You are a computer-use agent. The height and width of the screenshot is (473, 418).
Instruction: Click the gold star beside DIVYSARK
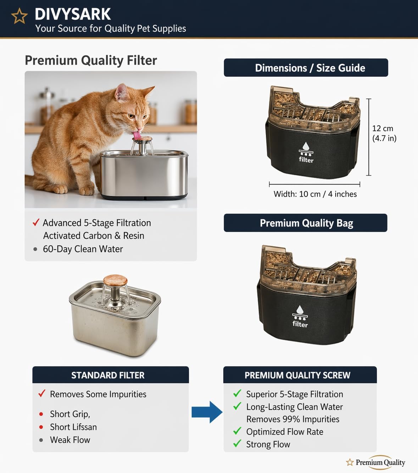pyautogui.click(x=19, y=16)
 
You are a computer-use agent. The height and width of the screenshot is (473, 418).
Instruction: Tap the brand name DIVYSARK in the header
pyautogui.click(x=73, y=14)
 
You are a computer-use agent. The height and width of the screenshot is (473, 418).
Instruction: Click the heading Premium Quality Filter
pyautogui.click(x=91, y=61)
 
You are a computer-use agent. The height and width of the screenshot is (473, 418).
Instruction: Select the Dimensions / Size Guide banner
pyautogui.click(x=306, y=68)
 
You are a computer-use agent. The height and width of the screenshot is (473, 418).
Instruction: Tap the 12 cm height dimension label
pyautogui.click(x=384, y=133)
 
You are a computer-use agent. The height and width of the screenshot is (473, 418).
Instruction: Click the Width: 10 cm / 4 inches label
pyautogui.click(x=315, y=194)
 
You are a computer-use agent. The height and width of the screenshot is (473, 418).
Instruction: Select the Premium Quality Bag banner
pyautogui.click(x=306, y=223)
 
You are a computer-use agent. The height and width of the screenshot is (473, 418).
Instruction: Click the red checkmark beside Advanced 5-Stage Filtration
pyautogui.click(x=36, y=222)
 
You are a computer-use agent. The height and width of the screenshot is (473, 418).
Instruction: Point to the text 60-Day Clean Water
pyautogui.click(x=83, y=249)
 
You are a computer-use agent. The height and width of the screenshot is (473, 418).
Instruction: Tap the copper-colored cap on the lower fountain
pyautogui.click(x=115, y=280)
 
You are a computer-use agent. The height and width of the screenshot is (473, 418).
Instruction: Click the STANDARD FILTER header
pyautogui.click(x=108, y=375)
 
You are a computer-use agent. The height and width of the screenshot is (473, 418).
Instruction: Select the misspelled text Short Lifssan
pyautogui.click(x=73, y=427)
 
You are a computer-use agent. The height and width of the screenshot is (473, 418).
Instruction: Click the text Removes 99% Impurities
pyautogui.click(x=293, y=419)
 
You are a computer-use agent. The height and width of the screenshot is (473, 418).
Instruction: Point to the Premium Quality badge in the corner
pyautogui.click(x=375, y=462)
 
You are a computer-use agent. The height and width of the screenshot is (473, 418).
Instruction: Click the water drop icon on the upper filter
pyautogui.click(x=306, y=146)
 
